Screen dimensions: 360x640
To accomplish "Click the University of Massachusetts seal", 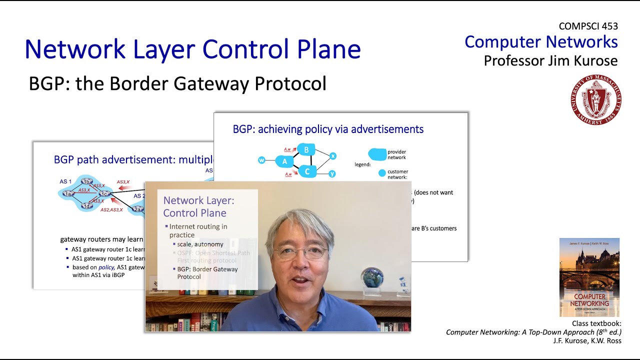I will [x=596, y=99].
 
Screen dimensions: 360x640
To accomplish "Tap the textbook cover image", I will [x=589, y=277].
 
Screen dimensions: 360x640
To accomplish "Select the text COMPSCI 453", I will [x=588, y=26].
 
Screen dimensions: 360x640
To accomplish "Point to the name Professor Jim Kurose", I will [x=550, y=61].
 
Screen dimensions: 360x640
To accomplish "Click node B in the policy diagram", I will [x=306, y=149].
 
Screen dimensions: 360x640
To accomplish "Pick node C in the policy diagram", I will [x=307, y=172].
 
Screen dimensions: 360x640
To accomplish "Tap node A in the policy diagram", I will [x=284, y=161].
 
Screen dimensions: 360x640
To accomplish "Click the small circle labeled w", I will [x=261, y=160].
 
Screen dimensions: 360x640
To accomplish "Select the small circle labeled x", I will [x=333, y=156].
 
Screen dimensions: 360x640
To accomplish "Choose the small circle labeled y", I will [x=332, y=174].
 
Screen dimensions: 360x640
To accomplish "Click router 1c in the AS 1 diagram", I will [x=104, y=193].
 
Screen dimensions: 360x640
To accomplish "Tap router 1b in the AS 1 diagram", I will [x=87, y=182].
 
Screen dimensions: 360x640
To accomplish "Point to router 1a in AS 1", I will [x=67, y=193].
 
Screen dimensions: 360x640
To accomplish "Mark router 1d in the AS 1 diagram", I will [x=87, y=205].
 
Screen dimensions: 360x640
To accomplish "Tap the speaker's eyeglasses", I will [x=300, y=251].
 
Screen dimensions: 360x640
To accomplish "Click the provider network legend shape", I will [x=377, y=154].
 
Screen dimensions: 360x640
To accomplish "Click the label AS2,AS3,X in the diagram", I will [x=111, y=210].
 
